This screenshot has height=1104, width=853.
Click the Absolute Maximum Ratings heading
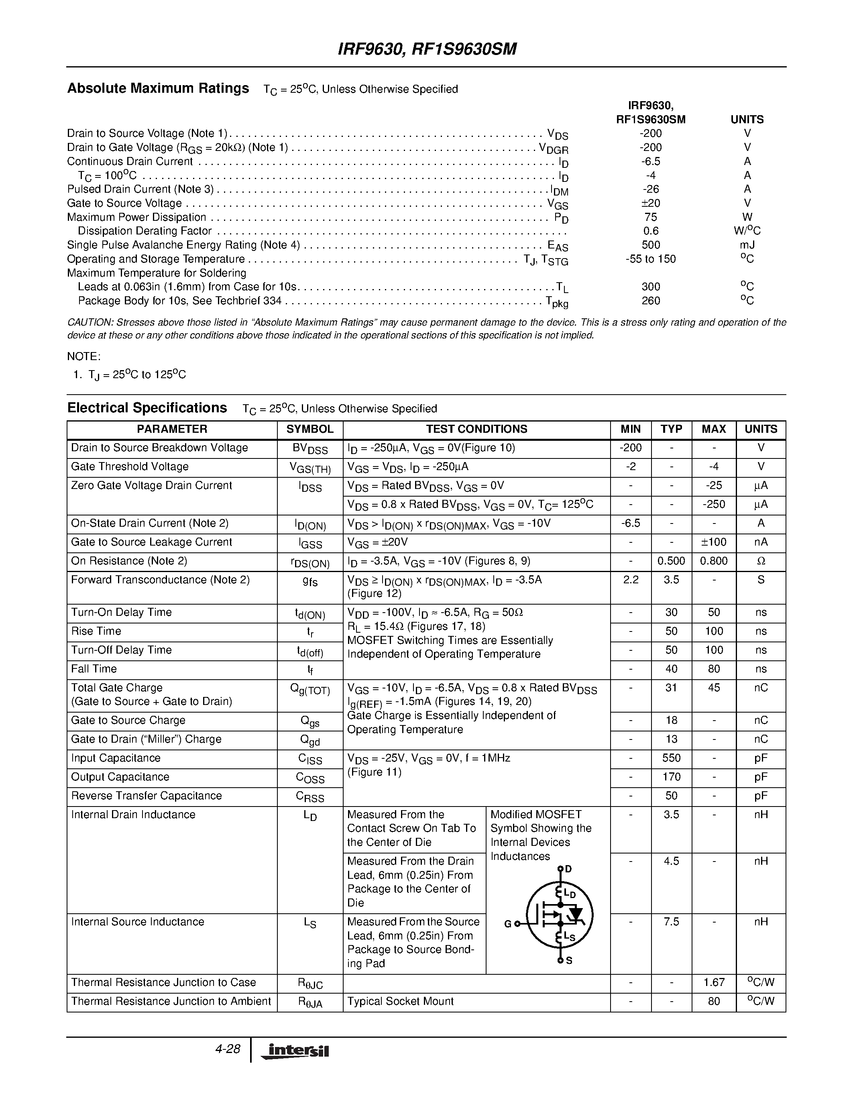(x=158, y=88)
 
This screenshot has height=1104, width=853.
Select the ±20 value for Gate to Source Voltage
(x=650, y=203)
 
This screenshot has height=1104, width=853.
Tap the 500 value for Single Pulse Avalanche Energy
(x=650, y=245)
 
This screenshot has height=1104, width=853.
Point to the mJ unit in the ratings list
(x=747, y=245)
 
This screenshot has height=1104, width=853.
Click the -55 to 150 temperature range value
(x=650, y=259)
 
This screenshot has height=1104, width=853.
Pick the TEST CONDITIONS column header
(x=476, y=429)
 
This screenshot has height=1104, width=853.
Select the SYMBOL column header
(x=310, y=429)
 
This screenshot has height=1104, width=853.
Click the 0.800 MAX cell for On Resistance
(x=714, y=561)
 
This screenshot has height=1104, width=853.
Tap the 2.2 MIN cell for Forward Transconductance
(x=631, y=580)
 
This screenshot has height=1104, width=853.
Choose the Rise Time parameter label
(x=96, y=631)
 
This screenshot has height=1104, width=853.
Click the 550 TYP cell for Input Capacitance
(x=671, y=758)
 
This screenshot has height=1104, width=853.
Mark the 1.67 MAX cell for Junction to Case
(x=714, y=983)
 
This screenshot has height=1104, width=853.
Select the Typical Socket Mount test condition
(x=400, y=1001)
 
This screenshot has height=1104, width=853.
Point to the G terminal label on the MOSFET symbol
(x=508, y=924)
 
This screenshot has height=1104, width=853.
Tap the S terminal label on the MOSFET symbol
(x=569, y=960)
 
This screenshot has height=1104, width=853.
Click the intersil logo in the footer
(x=295, y=1051)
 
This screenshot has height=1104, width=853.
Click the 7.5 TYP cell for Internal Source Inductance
(x=671, y=922)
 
